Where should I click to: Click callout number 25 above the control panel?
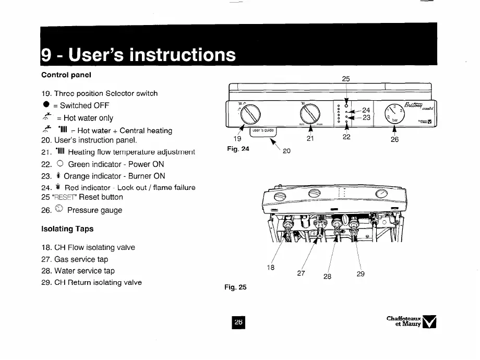(345, 79)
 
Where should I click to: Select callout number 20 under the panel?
(286, 151)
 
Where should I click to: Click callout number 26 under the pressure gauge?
(394, 140)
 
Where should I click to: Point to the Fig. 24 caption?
(238, 149)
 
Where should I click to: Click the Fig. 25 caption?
(236, 287)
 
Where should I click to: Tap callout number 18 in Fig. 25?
(271, 268)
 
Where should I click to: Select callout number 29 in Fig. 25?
(361, 274)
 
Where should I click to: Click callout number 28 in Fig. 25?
(327, 276)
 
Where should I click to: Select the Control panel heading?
(66, 74)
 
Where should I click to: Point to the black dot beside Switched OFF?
(46, 105)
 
